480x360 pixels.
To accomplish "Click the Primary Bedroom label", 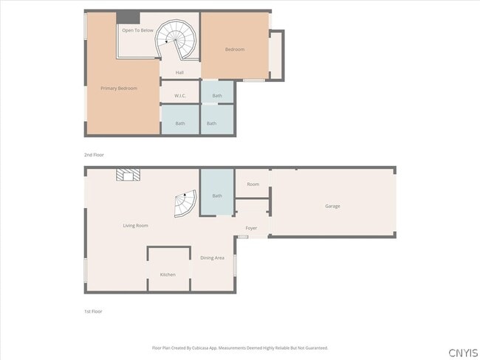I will [119, 89].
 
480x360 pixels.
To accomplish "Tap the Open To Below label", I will [137, 30].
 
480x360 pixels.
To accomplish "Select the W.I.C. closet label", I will [180, 96].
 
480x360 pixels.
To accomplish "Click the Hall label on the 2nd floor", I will [179, 72].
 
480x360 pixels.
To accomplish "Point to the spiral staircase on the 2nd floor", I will [179, 41].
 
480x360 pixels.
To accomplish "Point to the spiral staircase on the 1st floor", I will [186, 204].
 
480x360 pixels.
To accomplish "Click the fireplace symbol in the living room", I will [127, 175].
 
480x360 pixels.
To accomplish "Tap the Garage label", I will [332, 206].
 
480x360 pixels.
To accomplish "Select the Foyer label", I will [251, 228].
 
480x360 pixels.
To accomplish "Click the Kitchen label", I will [168, 274].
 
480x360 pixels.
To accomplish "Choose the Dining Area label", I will [212, 257].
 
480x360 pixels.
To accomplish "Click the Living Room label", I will [135, 225].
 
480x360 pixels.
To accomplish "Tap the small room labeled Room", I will [253, 184].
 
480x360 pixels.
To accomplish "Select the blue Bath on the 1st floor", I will [217, 195].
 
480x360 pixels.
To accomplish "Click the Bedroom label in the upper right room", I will [235, 49].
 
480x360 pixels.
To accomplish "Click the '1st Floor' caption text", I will [93, 311].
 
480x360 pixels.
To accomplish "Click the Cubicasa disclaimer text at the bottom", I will [239, 347].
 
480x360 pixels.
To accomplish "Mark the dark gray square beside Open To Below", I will [128, 18].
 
